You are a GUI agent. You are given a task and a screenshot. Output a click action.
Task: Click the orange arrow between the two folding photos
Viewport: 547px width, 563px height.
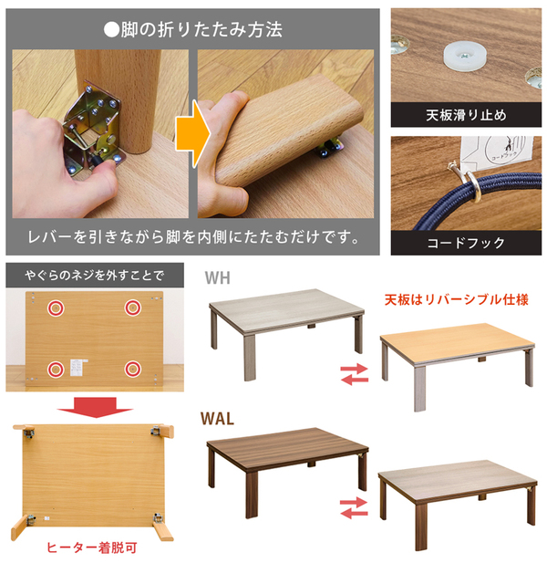point(191,134)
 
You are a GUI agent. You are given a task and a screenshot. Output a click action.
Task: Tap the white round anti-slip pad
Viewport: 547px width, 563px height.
point(464,56)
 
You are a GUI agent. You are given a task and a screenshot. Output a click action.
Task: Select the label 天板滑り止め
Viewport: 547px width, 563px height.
point(466,115)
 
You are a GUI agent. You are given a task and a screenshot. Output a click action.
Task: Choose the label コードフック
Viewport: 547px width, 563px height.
point(466,243)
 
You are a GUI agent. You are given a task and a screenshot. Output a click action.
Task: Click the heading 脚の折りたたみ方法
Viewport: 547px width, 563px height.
point(193,29)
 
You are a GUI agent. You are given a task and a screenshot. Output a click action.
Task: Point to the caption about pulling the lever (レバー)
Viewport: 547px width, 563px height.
point(193,237)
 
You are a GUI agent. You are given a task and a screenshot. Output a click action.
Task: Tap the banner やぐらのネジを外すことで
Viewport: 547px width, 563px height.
point(95,276)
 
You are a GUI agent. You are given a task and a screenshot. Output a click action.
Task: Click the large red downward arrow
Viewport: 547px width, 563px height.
point(95,407)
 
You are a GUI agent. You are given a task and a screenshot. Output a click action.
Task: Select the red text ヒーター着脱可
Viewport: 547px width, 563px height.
point(92,547)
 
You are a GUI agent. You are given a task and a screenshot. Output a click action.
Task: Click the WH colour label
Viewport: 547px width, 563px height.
point(217,278)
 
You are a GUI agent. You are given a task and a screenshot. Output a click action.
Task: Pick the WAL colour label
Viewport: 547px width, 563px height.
point(217,419)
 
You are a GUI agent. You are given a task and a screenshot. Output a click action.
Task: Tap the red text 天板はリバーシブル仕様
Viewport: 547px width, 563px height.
point(456,299)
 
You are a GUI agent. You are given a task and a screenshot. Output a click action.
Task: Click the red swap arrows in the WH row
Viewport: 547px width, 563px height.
point(355,374)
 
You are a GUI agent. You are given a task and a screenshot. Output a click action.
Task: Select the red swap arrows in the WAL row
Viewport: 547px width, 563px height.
point(354,507)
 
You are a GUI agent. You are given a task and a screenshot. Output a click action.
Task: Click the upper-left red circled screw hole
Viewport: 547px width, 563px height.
point(56,308)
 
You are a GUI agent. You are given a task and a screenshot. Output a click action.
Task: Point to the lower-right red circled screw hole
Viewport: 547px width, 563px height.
point(133,369)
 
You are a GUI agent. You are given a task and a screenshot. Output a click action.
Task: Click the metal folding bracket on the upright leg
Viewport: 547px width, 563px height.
point(94,130)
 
